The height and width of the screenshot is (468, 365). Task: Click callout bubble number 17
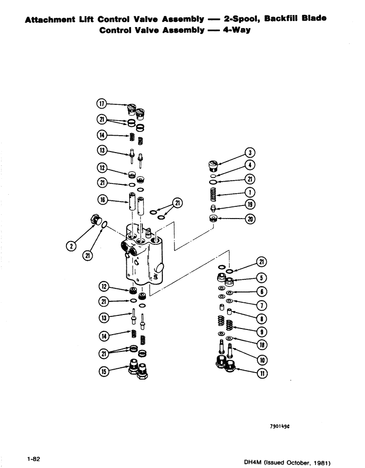pyautogui.click(x=102, y=104)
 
